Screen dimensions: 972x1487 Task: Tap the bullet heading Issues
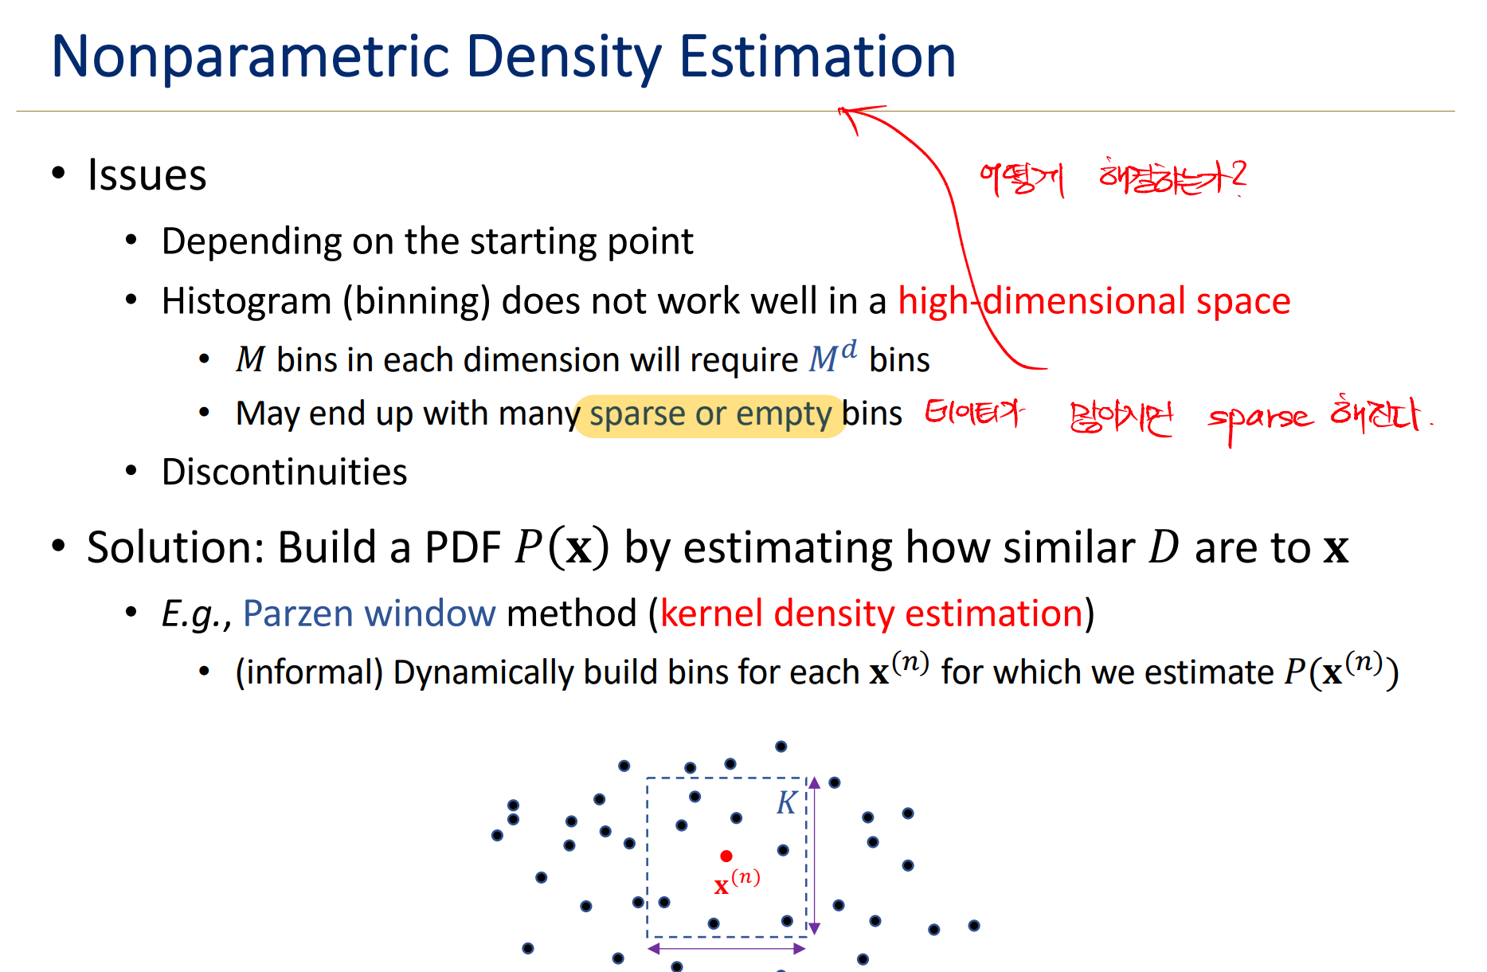point(147,175)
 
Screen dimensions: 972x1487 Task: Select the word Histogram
point(246,302)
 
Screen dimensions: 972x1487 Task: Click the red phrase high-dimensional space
point(1094,302)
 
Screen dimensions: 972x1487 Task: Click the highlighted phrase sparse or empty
point(710,415)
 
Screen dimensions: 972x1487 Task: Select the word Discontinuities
point(284,472)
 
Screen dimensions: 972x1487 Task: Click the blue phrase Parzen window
point(369,614)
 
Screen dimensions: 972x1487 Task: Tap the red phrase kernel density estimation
point(871,614)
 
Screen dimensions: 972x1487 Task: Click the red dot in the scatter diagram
point(726,856)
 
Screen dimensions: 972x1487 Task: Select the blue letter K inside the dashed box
point(786,803)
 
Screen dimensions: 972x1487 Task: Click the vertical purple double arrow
point(814,855)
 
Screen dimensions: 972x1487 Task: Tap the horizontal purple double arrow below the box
point(726,948)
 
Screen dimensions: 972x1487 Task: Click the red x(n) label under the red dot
point(737,882)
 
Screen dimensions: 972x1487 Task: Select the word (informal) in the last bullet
point(309,673)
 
